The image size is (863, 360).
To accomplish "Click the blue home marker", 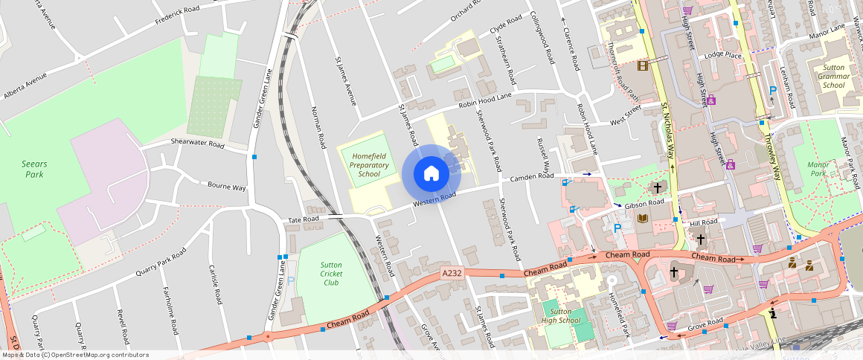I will coord(431,173).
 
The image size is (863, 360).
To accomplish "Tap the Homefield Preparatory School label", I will coord(369,164).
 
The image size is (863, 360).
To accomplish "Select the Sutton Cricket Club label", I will coord(331,273).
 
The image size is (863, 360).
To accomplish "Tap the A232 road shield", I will coord(452,273).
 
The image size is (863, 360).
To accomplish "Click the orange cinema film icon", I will coord(643,65).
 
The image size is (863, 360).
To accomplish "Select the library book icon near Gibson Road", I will coord(643,219).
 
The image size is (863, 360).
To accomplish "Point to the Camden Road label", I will coord(532,178).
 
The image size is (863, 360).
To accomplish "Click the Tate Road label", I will coord(304,219).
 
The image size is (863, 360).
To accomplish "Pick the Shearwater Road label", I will coord(197,142).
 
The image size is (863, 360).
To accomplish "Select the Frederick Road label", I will coord(177,15).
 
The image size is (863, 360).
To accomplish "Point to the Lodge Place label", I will coord(723,56).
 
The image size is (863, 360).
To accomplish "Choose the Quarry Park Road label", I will coord(160,265).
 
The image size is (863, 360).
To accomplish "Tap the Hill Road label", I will coord(703,222).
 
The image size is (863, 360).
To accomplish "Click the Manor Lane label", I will coord(827,32).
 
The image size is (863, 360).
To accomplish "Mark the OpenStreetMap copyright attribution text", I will coord(74,355).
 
